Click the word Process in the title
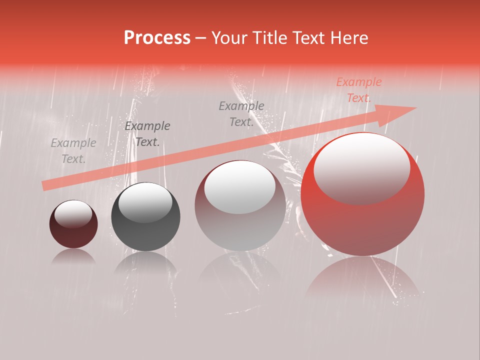tap(157, 37)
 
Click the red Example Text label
tap(358, 90)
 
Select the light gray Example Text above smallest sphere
tap(73, 151)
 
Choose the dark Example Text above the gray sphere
tap(147, 133)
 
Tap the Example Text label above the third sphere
tap(241, 113)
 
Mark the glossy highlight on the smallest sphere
tap(73, 214)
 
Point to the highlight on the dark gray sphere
tap(145, 202)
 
